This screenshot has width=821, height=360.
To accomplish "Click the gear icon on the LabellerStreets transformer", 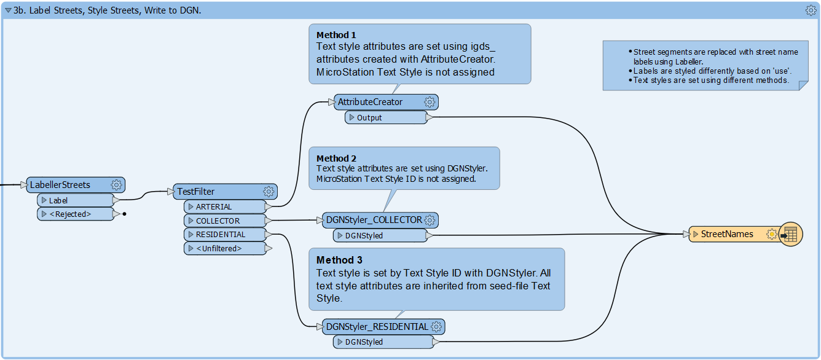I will (116, 185).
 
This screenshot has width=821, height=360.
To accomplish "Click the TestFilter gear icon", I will (268, 192).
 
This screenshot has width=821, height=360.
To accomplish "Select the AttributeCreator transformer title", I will (370, 102).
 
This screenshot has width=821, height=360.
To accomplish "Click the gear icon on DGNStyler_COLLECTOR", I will (430, 220).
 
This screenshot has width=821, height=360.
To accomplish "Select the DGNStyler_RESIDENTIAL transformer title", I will (377, 327).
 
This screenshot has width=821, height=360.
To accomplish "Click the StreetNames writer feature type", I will (727, 234).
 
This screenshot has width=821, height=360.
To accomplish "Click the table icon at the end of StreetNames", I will (790, 234).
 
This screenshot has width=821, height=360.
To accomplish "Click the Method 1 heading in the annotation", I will (336, 35).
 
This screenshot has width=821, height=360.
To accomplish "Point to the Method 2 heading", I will (336, 158).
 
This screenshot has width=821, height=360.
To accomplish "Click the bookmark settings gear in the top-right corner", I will (811, 10).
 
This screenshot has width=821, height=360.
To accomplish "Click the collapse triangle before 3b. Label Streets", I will (8, 10).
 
